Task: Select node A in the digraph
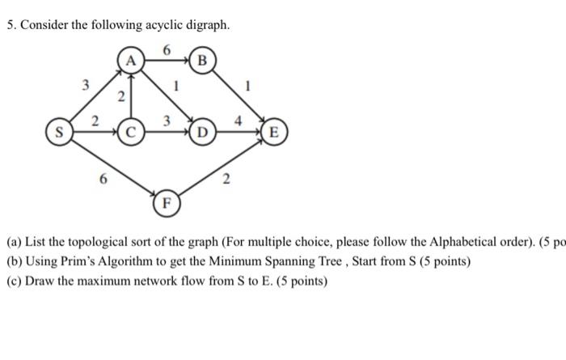[x=131, y=60]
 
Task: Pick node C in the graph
[x=131, y=130]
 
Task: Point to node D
[x=203, y=130]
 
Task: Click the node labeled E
[x=273, y=130]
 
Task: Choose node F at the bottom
[x=167, y=201]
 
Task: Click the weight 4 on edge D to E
[x=239, y=120]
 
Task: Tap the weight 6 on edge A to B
[x=167, y=49]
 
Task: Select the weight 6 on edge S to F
[x=102, y=180]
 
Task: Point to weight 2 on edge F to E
[x=226, y=180]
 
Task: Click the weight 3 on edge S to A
[x=85, y=83]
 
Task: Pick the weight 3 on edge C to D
[x=166, y=121]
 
